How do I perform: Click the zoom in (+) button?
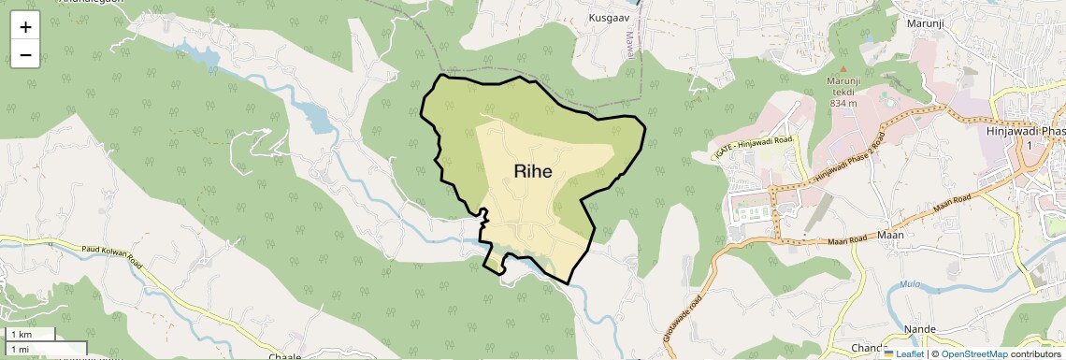click(x=25, y=27)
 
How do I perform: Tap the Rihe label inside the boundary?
click(x=532, y=171)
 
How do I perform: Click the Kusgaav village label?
click(x=609, y=18)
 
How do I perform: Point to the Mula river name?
click(x=909, y=284)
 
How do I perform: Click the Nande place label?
click(x=920, y=329)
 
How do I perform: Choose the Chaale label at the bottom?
click(x=284, y=356)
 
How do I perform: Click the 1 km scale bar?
click(x=28, y=335)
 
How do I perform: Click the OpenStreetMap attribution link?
click(x=973, y=353)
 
